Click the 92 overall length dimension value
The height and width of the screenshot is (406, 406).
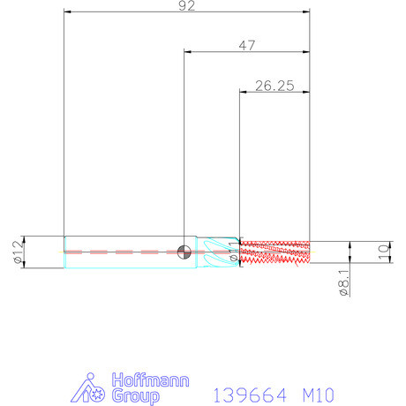pos(187,6)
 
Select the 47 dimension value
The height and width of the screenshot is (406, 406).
pos(247,46)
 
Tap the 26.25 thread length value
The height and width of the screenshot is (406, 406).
pos(274,86)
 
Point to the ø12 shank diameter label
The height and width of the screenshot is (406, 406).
pos(18,252)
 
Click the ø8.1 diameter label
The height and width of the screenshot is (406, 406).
pos(344,282)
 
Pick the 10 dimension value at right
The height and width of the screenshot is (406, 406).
pos(384,252)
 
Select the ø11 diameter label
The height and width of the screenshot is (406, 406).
pos(233,252)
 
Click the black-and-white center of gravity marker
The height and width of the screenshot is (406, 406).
pos(184,252)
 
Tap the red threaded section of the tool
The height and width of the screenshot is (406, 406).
pos(274,252)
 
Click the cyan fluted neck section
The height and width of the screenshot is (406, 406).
pos(218,252)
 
